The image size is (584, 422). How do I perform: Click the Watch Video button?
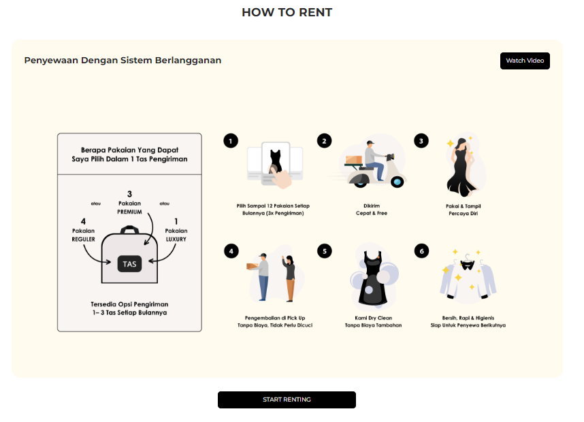click(525, 61)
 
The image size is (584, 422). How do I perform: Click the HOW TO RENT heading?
click(287, 12)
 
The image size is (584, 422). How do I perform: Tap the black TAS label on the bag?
click(129, 263)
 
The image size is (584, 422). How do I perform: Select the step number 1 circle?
click(231, 141)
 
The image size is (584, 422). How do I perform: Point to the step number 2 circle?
click(324, 141)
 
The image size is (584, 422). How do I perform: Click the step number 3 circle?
click(421, 141)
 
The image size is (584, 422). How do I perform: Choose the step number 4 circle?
click(231, 251)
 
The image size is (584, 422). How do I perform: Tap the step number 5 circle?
click(324, 251)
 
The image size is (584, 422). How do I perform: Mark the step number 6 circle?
click(421, 251)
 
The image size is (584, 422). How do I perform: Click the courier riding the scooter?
click(371, 163)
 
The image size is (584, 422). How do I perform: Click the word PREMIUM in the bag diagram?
click(129, 212)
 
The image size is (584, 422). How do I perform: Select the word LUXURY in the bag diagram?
click(176, 239)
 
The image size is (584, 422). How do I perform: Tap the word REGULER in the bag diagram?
click(83, 239)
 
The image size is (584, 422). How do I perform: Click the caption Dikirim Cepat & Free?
click(372, 209)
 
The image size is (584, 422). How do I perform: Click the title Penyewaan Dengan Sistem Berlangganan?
click(123, 61)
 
